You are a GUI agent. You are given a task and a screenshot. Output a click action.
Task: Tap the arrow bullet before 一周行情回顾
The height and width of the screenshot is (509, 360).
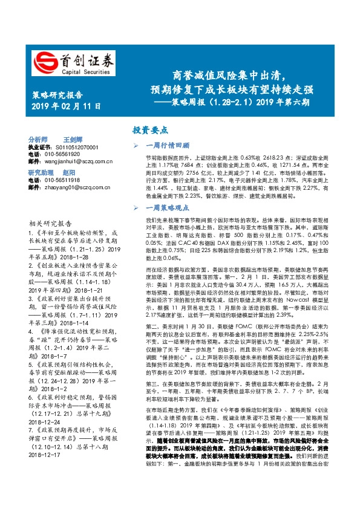coord(137,146)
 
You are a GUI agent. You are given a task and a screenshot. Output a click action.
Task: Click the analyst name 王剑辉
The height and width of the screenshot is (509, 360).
coord(73,138)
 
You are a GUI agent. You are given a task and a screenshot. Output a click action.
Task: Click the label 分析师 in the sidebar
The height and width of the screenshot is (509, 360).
coord(38,138)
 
